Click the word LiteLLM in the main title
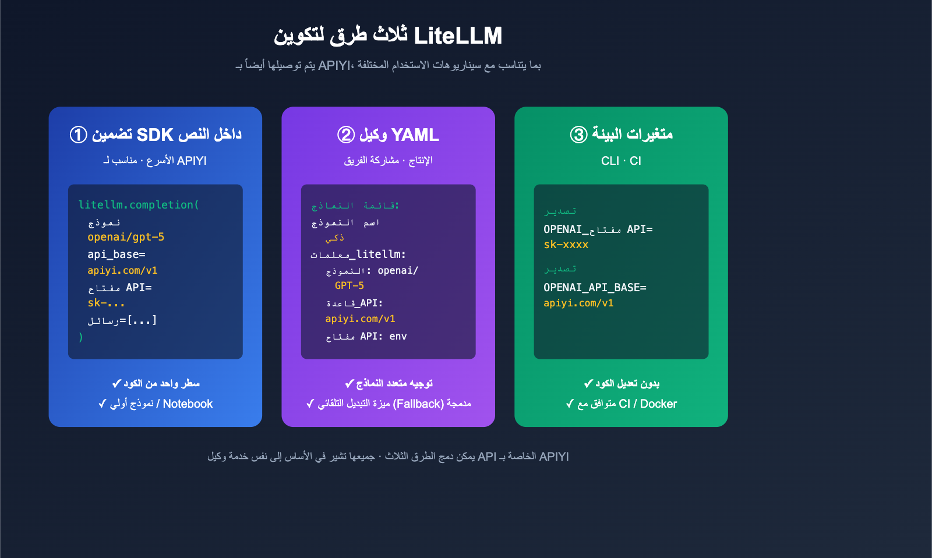(458, 36)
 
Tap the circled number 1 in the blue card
(79, 135)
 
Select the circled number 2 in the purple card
(346, 135)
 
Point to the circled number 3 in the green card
(578, 135)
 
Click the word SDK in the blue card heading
(155, 135)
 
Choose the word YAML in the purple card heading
(415, 135)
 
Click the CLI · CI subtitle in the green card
(621, 161)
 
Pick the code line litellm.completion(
(139, 205)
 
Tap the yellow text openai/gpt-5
(126, 237)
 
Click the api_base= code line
(116, 255)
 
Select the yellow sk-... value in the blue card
(106, 303)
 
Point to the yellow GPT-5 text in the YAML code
(349, 285)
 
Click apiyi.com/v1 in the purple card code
(360, 319)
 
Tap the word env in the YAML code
(398, 336)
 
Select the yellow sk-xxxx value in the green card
(566, 245)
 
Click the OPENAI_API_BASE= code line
(595, 288)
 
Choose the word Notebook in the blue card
(188, 404)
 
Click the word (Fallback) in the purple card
(418, 404)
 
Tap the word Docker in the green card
(658, 404)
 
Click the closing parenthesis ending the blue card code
(81, 337)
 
